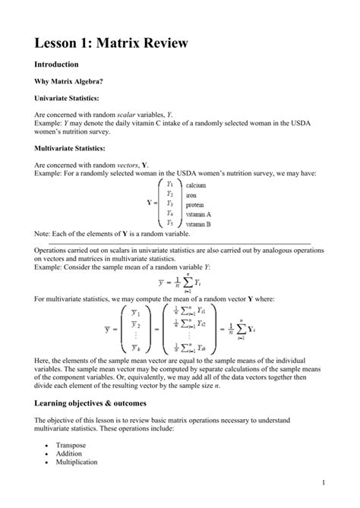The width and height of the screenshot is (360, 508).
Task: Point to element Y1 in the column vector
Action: pyautogui.click(x=170, y=185)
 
